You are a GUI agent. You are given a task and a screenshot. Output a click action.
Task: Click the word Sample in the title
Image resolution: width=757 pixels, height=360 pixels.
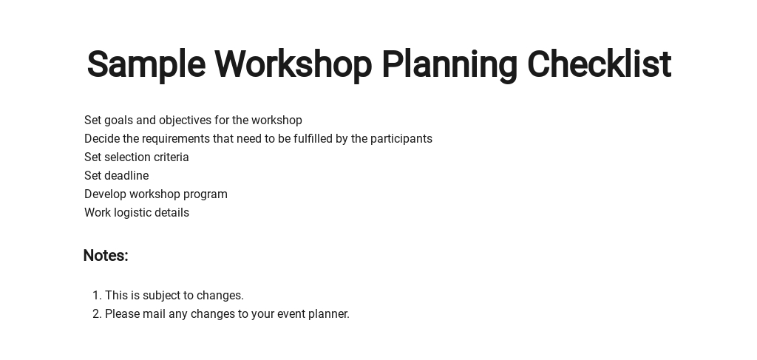point(146,64)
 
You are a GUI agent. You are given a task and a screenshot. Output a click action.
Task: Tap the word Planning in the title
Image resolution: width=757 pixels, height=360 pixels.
point(449,64)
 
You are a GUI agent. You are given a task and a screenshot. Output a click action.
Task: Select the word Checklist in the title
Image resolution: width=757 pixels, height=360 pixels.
point(599,64)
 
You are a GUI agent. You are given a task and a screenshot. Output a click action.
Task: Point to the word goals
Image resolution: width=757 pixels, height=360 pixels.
point(119,120)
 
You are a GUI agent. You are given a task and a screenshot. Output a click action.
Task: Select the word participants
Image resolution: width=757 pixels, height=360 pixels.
point(401,139)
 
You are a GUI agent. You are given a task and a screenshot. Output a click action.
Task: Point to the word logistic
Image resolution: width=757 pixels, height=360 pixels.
point(130,213)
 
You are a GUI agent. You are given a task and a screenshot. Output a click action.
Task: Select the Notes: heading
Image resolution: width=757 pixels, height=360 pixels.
point(106,255)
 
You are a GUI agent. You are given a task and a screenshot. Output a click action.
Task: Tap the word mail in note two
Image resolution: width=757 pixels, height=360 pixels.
point(154,313)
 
